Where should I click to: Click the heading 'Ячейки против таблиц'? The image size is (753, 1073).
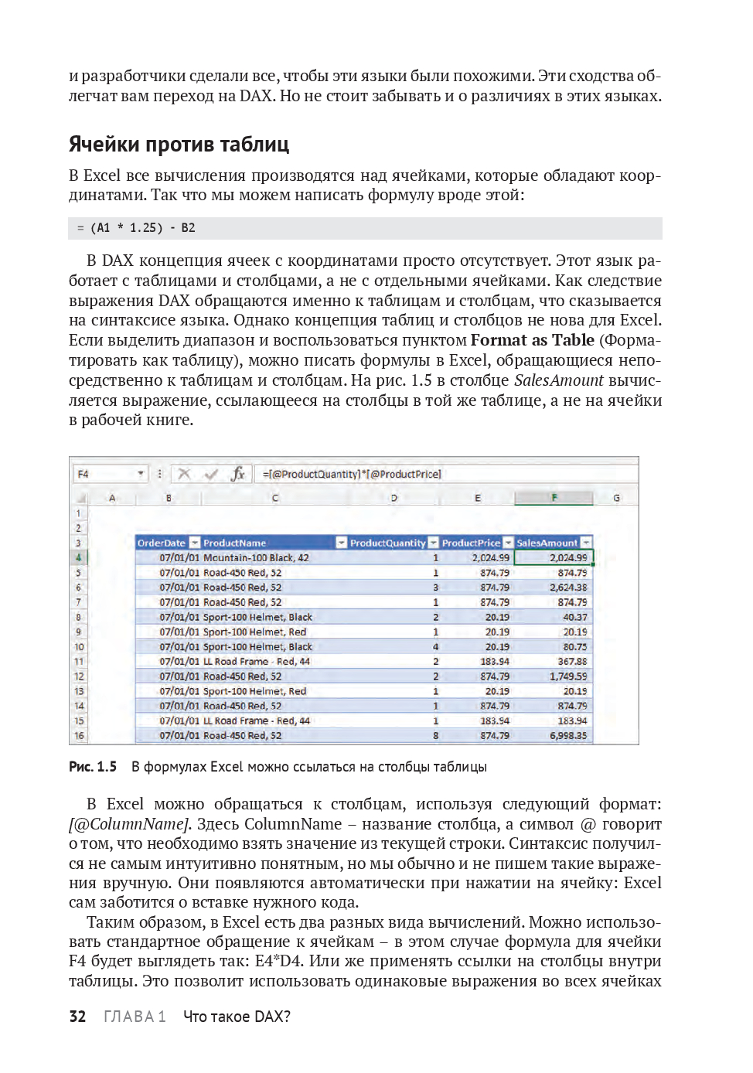click(x=179, y=145)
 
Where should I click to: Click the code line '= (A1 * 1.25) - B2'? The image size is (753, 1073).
click(x=136, y=228)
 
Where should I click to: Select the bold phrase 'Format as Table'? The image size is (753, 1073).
click(x=532, y=340)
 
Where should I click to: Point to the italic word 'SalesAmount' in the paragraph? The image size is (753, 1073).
click(x=558, y=380)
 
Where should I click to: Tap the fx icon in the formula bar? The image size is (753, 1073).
click(x=237, y=474)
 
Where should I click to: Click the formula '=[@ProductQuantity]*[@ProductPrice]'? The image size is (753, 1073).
click(x=352, y=474)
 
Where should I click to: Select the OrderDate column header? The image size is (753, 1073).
click(x=162, y=543)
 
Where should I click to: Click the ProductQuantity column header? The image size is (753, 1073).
click(x=387, y=543)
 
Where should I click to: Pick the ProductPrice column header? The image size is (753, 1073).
click(x=471, y=543)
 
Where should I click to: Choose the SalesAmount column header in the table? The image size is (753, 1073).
click(x=547, y=543)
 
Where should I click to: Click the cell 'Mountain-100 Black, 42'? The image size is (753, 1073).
click(x=256, y=557)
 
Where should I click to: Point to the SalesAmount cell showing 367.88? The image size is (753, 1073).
click(x=572, y=662)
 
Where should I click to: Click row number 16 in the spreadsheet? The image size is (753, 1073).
click(x=79, y=736)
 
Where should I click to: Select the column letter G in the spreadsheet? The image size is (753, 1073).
click(x=616, y=498)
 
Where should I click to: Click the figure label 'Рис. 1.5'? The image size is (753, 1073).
click(x=93, y=767)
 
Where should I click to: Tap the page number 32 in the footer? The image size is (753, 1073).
click(x=77, y=1017)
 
